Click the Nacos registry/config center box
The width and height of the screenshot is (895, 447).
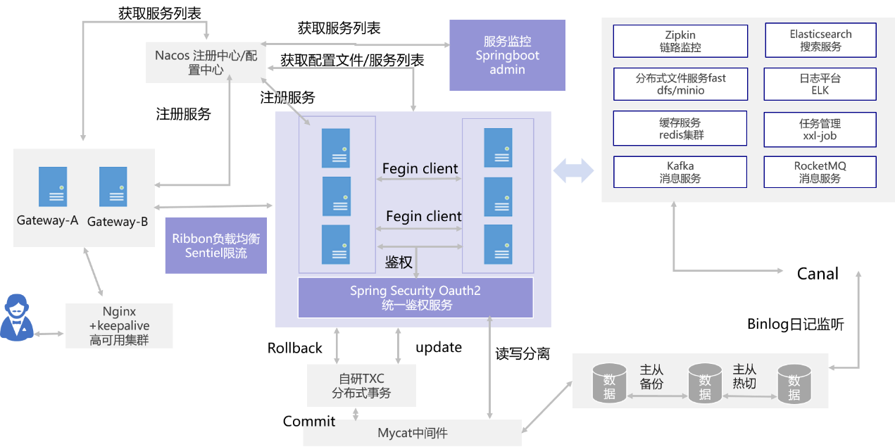click(x=206, y=62)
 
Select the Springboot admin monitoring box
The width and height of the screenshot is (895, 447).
click(x=507, y=56)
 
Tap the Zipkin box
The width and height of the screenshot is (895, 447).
click(x=680, y=41)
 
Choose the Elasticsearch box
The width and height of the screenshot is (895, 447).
click(x=820, y=41)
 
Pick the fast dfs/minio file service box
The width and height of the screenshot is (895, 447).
click(x=680, y=84)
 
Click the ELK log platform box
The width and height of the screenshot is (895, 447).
click(x=820, y=84)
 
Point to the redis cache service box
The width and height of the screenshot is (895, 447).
click(x=680, y=128)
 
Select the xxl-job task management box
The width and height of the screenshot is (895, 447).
click(x=820, y=128)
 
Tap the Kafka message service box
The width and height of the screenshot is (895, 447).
click(x=680, y=172)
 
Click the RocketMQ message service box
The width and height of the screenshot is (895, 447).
click(x=820, y=172)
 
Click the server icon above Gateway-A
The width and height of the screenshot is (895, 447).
click(x=53, y=187)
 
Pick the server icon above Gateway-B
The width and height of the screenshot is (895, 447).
click(x=113, y=187)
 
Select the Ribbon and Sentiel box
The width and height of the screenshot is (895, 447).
click(x=215, y=245)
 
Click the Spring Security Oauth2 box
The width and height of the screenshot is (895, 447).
click(x=415, y=297)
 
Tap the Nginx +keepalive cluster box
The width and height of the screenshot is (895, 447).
click(x=118, y=326)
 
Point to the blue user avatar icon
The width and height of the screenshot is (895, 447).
click(x=16, y=318)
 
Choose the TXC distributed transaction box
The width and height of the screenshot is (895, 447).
click(x=361, y=386)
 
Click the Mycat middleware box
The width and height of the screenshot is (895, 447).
click(x=412, y=433)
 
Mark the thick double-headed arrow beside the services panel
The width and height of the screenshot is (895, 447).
click(x=573, y=171)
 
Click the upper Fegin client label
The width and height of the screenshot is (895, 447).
click(x=420, y=169)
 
